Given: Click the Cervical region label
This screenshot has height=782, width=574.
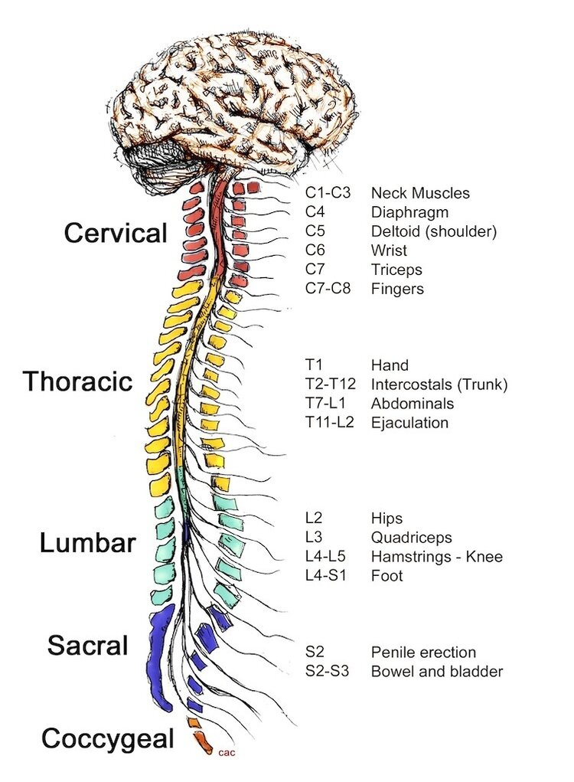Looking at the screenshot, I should (x=115, y=233).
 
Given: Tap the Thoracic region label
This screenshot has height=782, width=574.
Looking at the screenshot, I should (x=78, y=381).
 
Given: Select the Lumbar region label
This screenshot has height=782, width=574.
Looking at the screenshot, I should (x=87, y=544).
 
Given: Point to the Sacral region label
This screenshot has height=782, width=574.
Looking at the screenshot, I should (x=87, y=645).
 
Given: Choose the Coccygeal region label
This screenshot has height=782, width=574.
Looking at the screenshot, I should (x=108, y=739).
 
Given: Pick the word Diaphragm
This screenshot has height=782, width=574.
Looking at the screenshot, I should (x=409, y=212).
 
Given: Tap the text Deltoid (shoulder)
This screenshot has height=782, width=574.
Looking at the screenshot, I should (x=434, y=231).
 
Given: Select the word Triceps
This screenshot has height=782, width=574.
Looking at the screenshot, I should (x=396, y=270).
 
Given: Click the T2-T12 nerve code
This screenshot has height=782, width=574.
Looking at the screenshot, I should (x=329, y=384).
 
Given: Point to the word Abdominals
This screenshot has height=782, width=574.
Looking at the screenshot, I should (x=413, y=404).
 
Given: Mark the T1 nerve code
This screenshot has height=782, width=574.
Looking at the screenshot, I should (x=313, y=365).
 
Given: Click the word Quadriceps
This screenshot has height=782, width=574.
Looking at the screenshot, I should (x=411, y=538).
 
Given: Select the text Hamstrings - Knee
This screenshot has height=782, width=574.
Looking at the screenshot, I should (x=436, y=557).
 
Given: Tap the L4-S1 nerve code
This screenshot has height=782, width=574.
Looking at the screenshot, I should (x=326, y=576).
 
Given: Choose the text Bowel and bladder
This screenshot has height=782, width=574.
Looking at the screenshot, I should (x=436, y=672).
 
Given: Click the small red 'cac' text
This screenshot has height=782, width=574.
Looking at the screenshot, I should (x=227, y=753).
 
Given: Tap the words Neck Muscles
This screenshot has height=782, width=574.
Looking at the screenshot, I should (x=420, y=193).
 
